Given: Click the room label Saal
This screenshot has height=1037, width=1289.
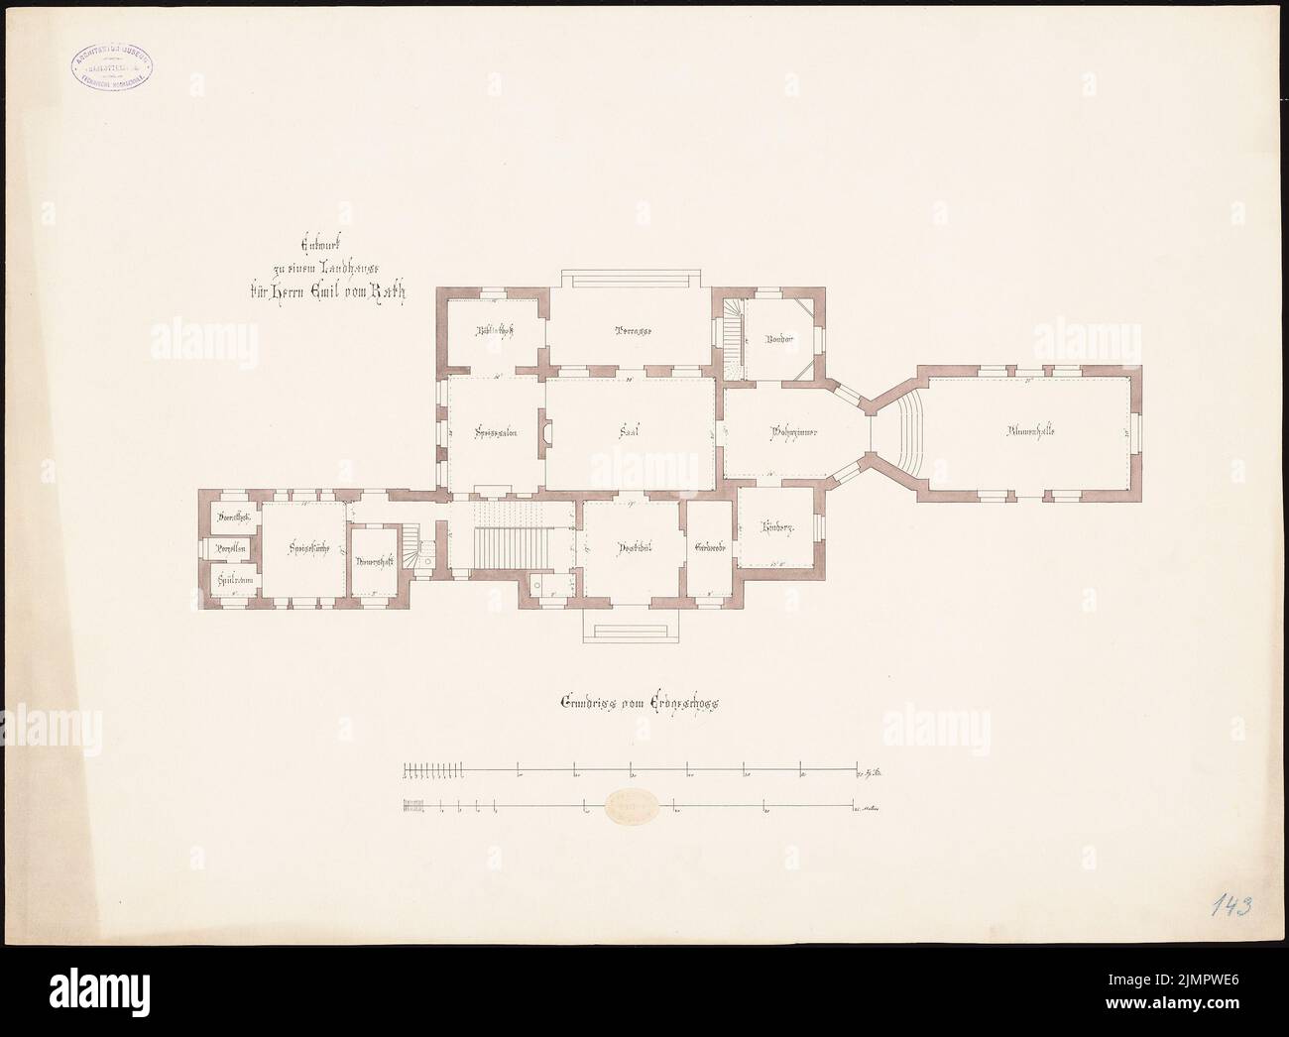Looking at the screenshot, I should tap(626, 432).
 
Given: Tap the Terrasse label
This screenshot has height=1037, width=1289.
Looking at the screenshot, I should tap(631, 331).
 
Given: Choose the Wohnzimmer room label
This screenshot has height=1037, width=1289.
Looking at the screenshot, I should tap(793, 432).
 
